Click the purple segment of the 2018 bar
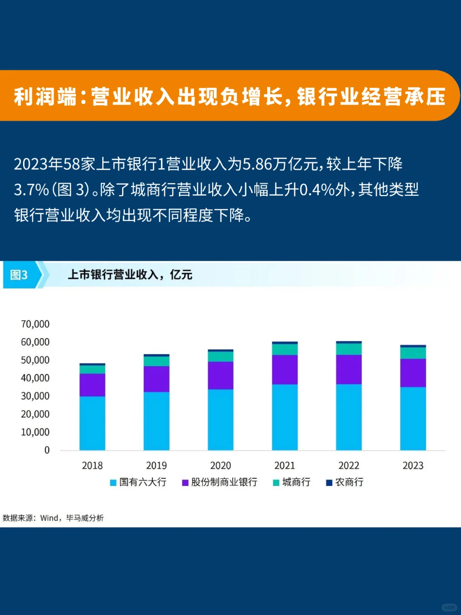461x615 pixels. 92,385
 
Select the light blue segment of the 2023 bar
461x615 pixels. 413,418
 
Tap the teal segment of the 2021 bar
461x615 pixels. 285,349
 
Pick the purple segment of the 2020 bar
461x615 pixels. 221,375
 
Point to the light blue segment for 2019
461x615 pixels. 156,421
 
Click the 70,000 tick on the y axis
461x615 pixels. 35,324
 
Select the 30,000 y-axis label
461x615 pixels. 35,396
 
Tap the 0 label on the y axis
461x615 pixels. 47,450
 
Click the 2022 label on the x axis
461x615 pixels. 349,465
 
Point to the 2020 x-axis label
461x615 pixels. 221,465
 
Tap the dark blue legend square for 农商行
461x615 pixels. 329,483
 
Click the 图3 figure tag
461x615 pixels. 19,275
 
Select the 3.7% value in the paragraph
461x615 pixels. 31,189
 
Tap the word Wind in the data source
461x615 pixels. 50,518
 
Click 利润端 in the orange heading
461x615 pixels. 45,96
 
